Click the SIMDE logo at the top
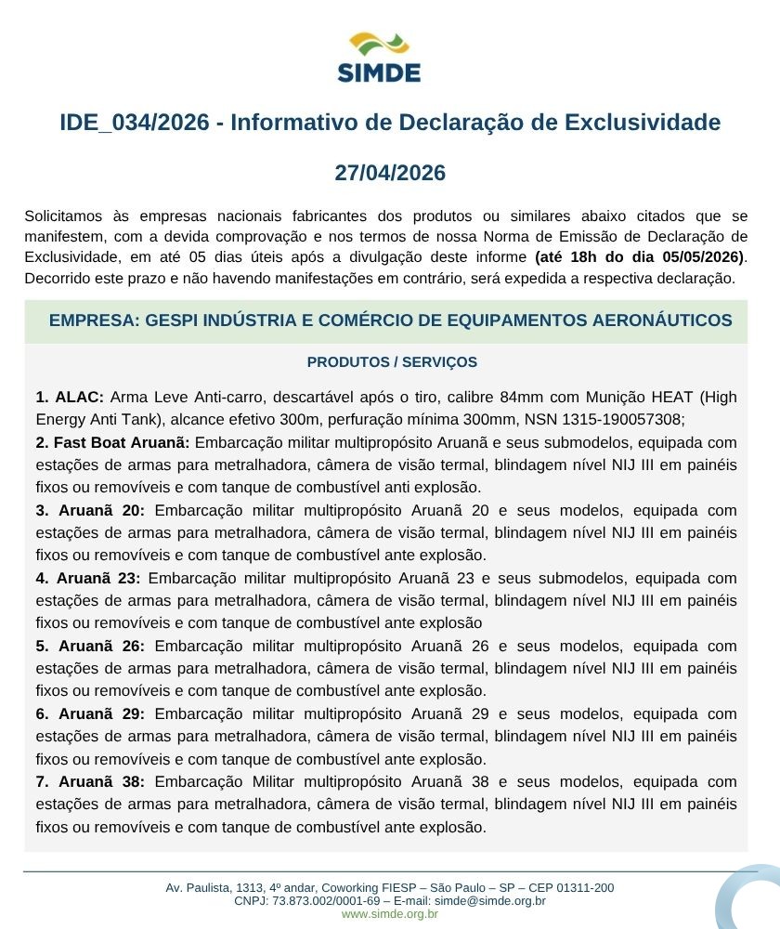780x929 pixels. click(x=379, y=58)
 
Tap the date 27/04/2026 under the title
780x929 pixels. click(x=390, y=173)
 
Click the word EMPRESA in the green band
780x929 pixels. click(x=89, y=321)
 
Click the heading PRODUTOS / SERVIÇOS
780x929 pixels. click(x=391, y=362)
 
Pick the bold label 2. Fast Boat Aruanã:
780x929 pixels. click(x=112, y=442)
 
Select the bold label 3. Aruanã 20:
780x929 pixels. click(x=90, y=510)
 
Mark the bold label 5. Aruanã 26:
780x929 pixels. click(x=90, y=646)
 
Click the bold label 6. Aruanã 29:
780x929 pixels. click(x=90, y=713)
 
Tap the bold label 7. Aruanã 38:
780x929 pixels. click(x=90, y=781)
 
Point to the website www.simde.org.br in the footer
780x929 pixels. click(x=390, y=914)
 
